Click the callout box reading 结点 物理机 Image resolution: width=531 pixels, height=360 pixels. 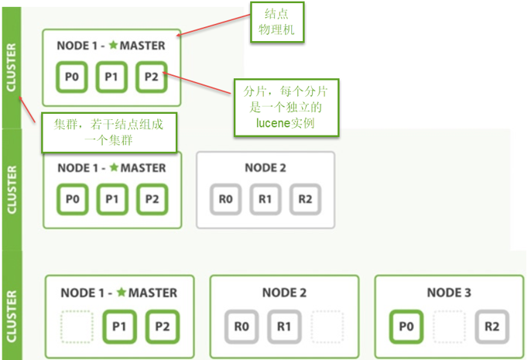click(276, 21)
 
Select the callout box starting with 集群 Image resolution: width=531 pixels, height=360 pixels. click(108, 133)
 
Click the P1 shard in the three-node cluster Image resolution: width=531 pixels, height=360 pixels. click(118, 325)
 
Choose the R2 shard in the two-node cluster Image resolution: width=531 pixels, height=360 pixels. click(305, 199)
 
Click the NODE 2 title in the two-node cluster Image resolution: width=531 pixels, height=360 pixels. click(265, 167)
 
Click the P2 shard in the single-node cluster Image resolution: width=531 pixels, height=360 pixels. click(151, 77)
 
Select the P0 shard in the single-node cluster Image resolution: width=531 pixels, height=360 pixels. click(71, 77)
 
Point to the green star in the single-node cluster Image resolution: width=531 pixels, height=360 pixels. click(113, 46)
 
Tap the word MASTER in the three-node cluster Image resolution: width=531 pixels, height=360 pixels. click(153, 293)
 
